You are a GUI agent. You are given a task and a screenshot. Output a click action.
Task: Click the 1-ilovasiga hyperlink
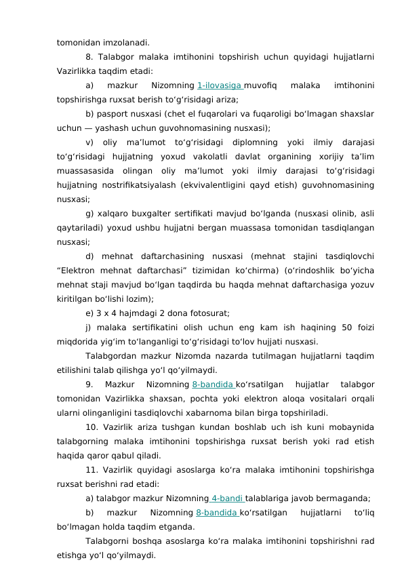click(x=220, y=85)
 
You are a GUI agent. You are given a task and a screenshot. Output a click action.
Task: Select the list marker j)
click(x=89, y=328)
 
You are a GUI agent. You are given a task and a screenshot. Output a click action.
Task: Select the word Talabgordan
click(x=111, y=356)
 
